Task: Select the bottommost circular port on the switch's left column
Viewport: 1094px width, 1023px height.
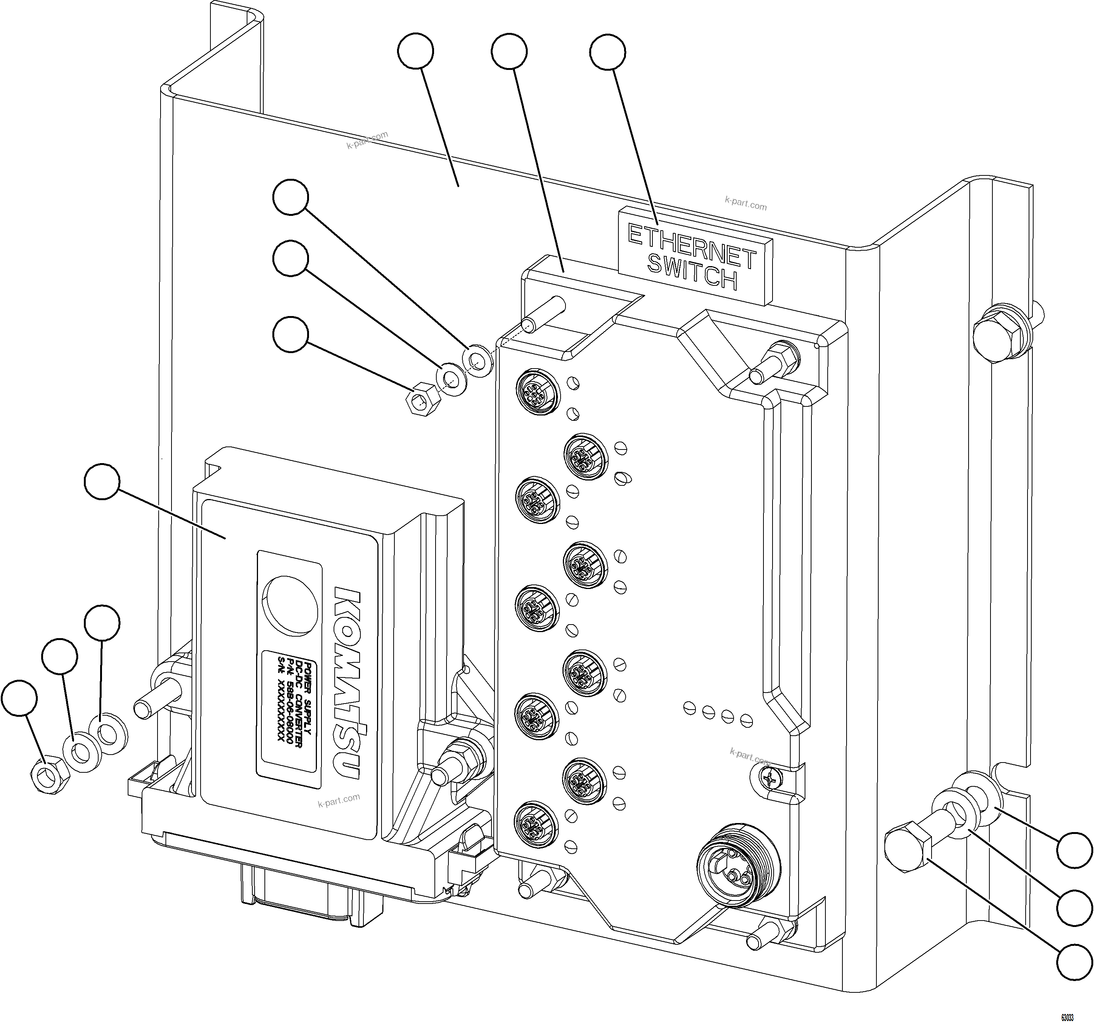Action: pos(535,824)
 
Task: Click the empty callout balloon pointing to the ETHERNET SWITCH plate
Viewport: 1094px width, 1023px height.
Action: pos(607,52)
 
